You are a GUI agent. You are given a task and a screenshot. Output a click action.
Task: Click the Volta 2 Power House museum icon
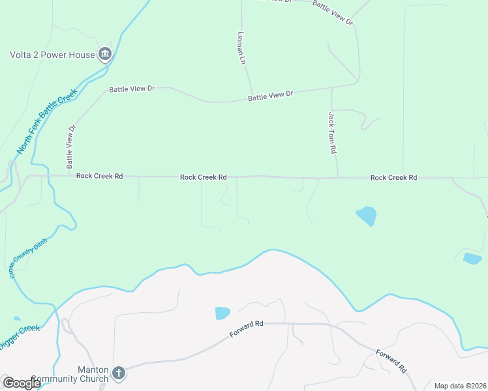click(104, 54)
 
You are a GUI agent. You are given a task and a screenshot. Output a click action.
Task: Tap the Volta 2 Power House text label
click(52, 55)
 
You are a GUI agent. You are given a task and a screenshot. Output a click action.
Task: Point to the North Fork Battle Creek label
click(46, 121)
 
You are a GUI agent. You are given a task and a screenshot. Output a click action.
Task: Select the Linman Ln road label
click(241, 48)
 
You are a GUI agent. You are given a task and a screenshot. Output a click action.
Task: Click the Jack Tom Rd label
click(331, 132)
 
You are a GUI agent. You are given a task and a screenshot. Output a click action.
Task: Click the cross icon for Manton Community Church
click(118, 373)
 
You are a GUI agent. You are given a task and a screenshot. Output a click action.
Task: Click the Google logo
click(22, 383)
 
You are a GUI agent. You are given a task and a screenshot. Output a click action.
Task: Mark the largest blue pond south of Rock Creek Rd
click(366, 215)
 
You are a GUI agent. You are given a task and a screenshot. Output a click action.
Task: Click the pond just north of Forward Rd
click(222, 313)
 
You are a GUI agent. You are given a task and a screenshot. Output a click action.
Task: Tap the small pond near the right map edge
click(472, 259)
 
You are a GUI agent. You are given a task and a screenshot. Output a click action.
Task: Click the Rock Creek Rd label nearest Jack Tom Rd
click(393, 177)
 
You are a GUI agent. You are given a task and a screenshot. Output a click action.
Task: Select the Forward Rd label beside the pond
click(246, 328)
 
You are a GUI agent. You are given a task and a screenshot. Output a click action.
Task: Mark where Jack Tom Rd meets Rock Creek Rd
click(337, 177)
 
